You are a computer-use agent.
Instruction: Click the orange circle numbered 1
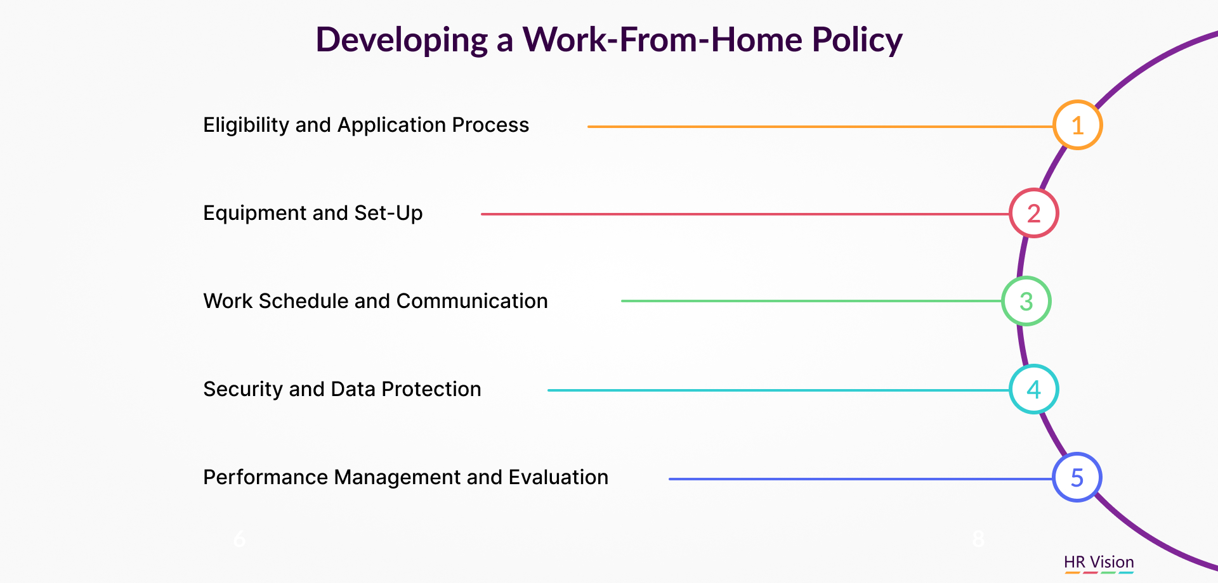[x=1078, y=101]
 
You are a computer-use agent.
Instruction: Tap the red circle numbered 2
[x=1034, y=189]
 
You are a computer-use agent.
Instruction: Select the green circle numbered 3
[x=1026, y=278]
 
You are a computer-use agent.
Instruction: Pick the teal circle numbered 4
[x=1034, y=366]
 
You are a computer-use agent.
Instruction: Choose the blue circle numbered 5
[x=1077, y=454]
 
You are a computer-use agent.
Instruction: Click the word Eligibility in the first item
[x=246, y=125]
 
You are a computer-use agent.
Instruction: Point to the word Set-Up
[x=388, y=214]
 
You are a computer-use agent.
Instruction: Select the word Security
[x=243, y=389]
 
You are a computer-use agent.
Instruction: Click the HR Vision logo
[x=1099, y=563]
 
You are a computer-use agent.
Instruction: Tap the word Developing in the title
[x=402, y=41]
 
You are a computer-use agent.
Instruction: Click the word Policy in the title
[x=857, y=41]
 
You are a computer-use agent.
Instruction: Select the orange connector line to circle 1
[x=820, y=127]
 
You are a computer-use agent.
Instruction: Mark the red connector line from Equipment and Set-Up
[x=745, y=214]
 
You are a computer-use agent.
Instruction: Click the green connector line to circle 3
[x=811, y=301]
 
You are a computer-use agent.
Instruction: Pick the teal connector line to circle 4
[x=778, y=390]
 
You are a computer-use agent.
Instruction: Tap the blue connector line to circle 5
[x=861, y=479]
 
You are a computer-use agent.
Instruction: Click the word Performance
[x=265, y=477]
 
